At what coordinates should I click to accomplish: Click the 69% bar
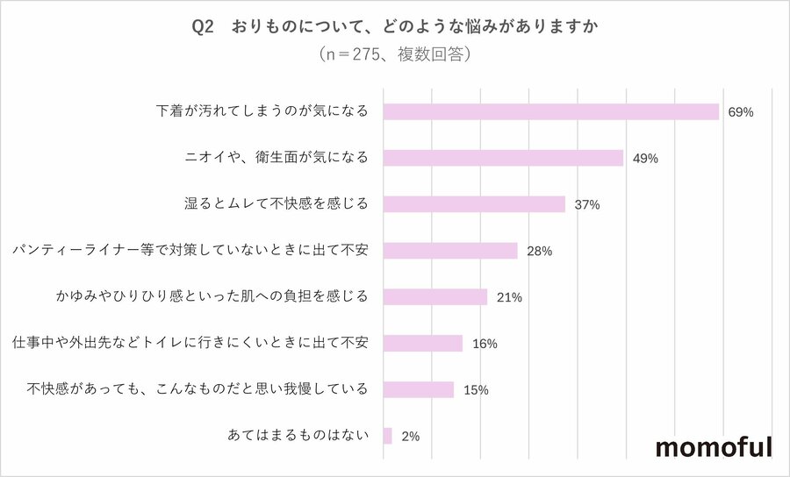pyautogui.click(x=551, y=111)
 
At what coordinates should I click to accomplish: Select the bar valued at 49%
pyautogui.click(x=503, y=158)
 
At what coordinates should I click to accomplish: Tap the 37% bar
pyautogui.click(x=474, y=204)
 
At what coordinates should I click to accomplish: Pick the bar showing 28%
pyautogui.click(x=450, y=251)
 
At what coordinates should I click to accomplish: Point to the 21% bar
pyautogui.click(x=435, y=297)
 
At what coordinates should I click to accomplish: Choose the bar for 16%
pyautogui.click(x=423, y=343)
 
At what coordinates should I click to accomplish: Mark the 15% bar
pyautogui.click(x=419, y=389)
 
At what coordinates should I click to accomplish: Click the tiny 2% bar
pyautogui.click(x=388, y=436)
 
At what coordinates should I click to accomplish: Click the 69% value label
pyautogui.click(x=741, y=112)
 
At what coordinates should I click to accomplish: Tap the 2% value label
pyautogui.click(x=410, y=436)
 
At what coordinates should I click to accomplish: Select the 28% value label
pyautogui.click(x=539, y=252)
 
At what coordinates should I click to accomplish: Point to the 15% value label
pyautogui.click(x=475, y=390)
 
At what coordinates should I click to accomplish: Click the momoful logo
pyautogui.click(x=715, y=447)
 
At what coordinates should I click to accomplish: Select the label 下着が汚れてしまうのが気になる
pyautogui.click(x=262, y=111)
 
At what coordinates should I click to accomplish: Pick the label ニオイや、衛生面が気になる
pyautogui.click(x=273, y=158)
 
